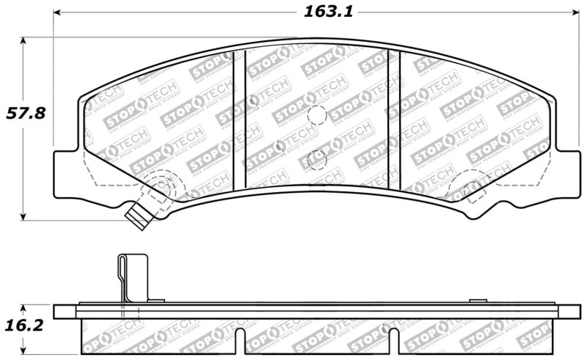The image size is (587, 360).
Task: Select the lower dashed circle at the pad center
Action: [318, 158]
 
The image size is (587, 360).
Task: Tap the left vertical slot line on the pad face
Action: [238, 122]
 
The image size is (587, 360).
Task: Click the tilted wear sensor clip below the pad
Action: [137, 215]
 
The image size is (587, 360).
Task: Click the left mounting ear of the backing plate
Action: [67, 172]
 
